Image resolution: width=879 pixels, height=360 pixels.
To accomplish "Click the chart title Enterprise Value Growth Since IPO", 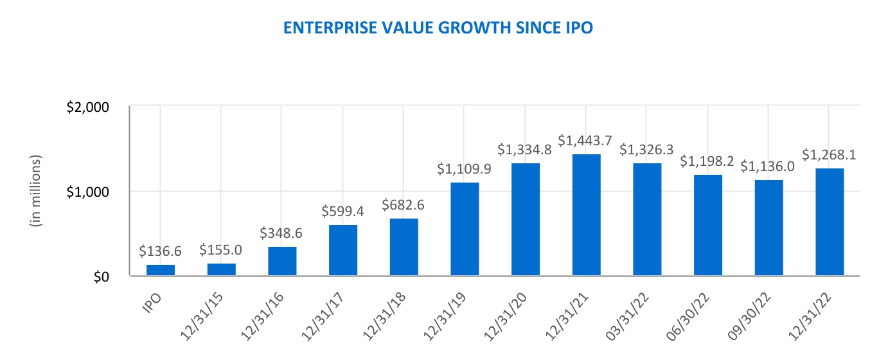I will pos(439,28).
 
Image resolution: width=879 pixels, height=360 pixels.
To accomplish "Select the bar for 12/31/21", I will pos(586,215).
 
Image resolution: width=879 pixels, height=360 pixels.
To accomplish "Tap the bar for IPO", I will pos(161,270).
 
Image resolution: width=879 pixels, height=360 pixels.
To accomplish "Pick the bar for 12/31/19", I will pos(465,229).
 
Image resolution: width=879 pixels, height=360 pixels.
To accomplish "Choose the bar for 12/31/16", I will pos(282,261).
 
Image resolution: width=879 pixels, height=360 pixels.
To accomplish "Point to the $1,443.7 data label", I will pos(586,139).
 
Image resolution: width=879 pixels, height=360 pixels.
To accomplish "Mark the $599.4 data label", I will pos(343,211).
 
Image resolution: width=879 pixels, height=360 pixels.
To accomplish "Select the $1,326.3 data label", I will pos(647,149).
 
